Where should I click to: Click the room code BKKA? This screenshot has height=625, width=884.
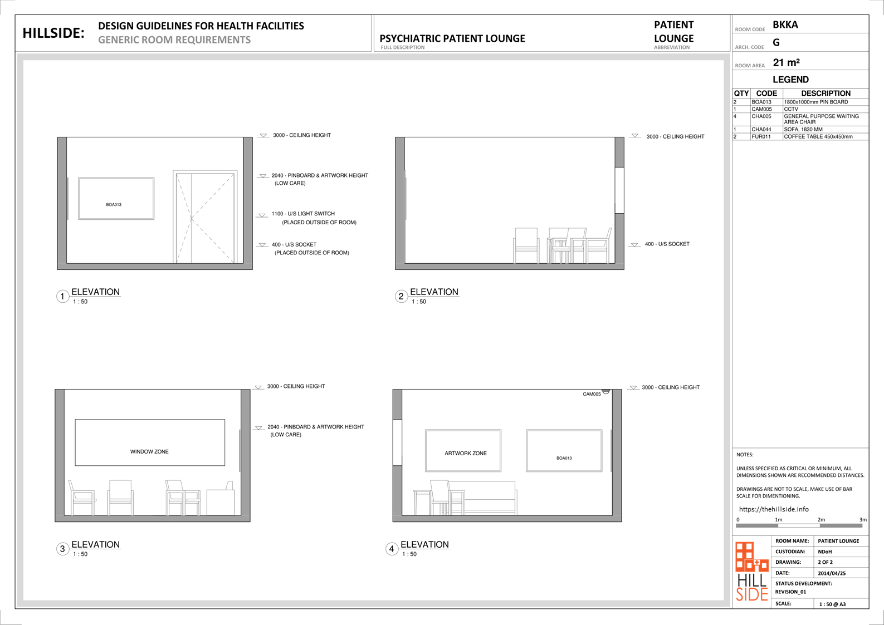click(x=785, y=25)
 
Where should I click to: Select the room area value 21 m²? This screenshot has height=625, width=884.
click(x=786, y=62)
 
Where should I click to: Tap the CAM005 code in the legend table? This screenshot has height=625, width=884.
click(x=761, y=109)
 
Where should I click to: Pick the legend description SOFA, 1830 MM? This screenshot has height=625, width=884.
click(x=803, y=129)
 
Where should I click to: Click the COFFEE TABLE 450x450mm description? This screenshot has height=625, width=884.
click(x=818, y=136)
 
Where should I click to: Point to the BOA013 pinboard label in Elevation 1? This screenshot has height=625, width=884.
click(x=114, y=205)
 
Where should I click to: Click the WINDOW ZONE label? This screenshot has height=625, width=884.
click(x=149, y=451)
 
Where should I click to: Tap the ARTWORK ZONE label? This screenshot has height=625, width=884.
click(x=466, y=453)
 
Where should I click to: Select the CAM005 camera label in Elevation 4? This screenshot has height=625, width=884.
click(x=592, y=394)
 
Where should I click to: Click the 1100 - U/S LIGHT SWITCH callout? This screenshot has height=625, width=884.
click(x=303, y=214)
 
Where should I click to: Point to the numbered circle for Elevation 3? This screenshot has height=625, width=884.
click(x=62, y=549)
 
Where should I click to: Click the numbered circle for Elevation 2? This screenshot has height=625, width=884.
click(x=401, y=296)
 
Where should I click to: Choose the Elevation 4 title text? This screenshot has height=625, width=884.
click(x=424, y=544)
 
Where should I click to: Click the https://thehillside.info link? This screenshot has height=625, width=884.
click(x=774, y=509)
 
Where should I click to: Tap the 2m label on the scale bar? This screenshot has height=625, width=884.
click(x=821, y=519)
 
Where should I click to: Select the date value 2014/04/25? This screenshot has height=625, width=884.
click(x=832, y=573)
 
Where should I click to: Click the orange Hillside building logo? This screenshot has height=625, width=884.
click(x=752, y=557)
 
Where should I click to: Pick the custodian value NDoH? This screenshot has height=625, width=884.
click(x=825, y=552)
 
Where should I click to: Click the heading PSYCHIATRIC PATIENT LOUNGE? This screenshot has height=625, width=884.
click(x=452, y=38)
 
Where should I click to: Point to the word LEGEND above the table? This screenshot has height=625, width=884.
click(x=790, y=79)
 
